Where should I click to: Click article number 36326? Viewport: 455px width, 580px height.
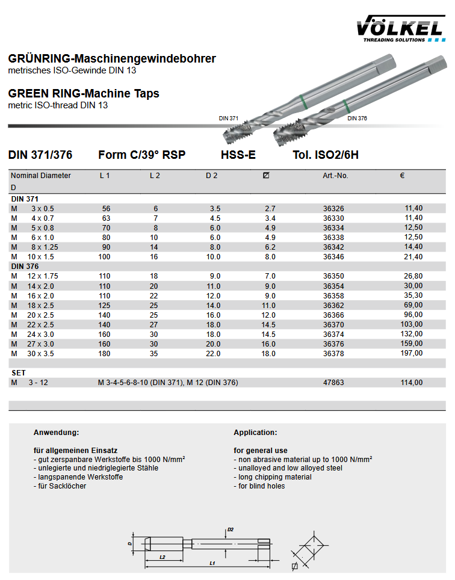333,208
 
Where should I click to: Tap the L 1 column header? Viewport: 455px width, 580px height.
105,176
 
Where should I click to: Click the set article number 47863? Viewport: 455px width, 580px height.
333,383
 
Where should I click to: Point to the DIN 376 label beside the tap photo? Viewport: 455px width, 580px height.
357,119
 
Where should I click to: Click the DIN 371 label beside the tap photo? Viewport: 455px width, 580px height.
229,119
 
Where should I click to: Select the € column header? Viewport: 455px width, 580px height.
402,176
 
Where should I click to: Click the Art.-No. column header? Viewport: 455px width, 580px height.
335,176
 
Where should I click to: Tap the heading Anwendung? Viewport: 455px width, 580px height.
57,433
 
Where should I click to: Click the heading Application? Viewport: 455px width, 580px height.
255,433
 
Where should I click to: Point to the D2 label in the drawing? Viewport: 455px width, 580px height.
230,530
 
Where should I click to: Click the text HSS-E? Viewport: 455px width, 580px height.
238,155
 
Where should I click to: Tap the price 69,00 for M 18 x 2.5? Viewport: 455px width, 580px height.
413,305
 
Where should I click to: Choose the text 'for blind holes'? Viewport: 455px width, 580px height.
259,486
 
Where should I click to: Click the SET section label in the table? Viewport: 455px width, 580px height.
19,373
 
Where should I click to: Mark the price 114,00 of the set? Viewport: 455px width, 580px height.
412,383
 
